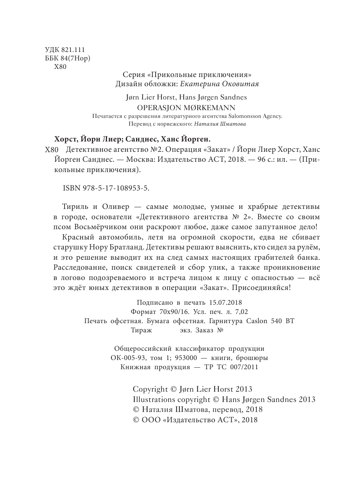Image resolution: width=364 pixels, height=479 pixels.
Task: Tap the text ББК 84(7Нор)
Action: click(x=67, y=58)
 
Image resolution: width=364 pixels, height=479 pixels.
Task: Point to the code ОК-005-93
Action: click(x=128, y=358)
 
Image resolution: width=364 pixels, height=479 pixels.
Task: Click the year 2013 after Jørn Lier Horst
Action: click(x=243, y=389)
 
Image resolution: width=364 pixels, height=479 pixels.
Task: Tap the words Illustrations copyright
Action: click(x=171, y=399)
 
